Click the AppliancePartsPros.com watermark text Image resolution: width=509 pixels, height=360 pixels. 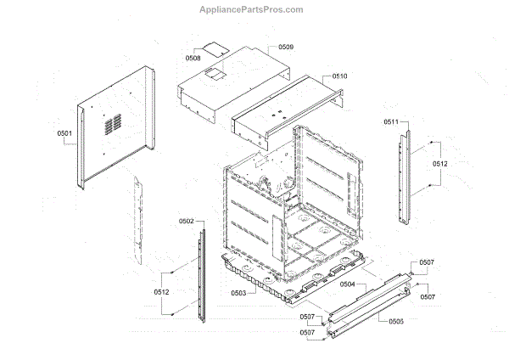tap(255, 9)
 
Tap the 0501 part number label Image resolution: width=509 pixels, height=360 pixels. tap(65, 134)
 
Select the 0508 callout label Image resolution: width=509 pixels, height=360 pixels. tap(193, 58)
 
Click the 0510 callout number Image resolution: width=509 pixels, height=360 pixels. tap(339, 76)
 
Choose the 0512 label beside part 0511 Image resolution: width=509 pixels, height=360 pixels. tap(441, 163)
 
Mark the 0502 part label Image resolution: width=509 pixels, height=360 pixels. tap(187, 221)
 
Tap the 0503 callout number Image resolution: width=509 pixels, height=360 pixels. tap(238, 293)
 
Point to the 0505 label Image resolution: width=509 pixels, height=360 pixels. tap(395, 322)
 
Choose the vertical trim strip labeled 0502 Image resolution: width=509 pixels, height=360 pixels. tap(202, 272)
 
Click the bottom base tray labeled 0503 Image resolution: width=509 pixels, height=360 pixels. tap(280, 280)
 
